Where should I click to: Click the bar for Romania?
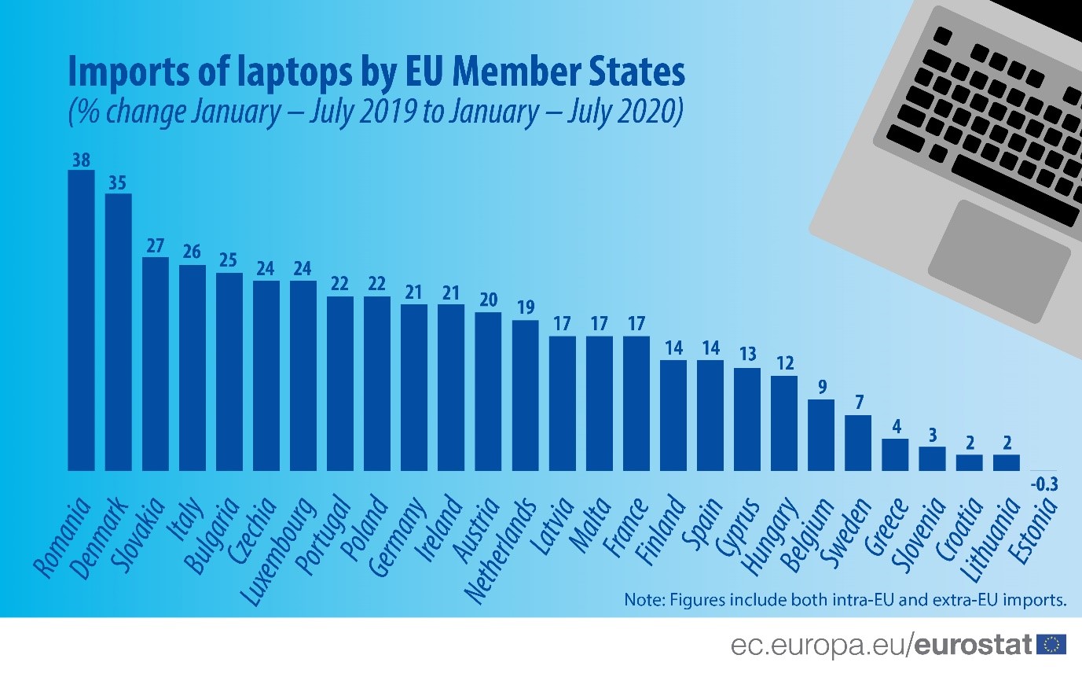[81, 320]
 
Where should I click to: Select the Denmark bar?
[118, 332]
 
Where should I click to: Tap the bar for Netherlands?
[525, 395]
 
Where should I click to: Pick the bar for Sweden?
[858, 442]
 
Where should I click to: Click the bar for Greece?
[895, 454]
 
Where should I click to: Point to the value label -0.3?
[1043, 485]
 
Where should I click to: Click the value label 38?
[81, 160]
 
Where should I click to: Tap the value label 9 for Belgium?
[821, 388]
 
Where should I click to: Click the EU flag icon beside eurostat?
[1051, 646]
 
